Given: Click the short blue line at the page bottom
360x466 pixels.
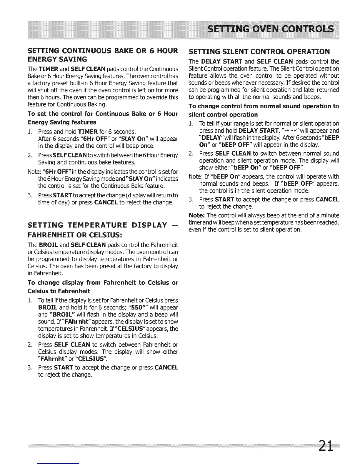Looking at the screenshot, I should click(x=59, y=464).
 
